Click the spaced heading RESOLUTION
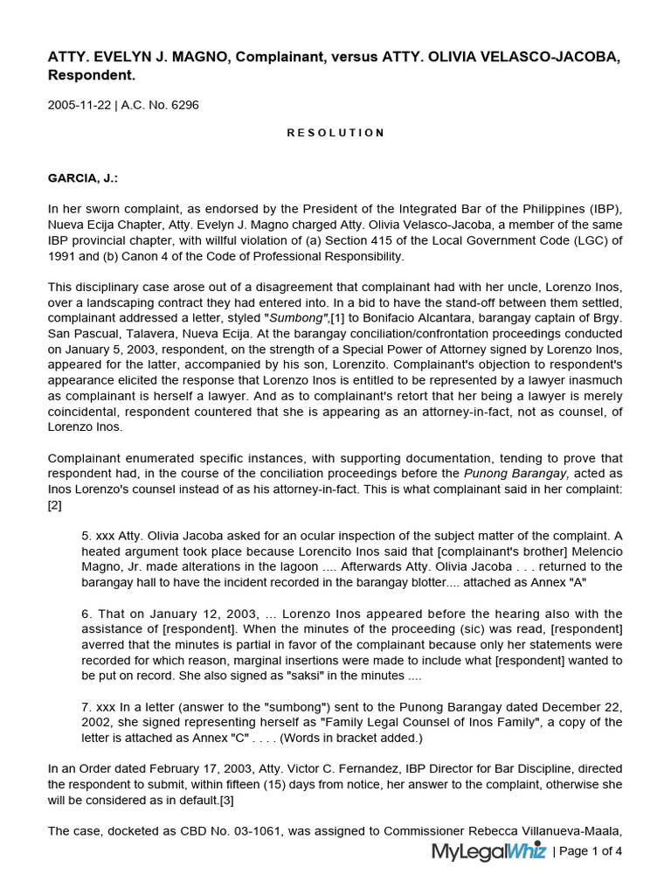coord(335,133)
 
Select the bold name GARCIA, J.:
coord(82,178)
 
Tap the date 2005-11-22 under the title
coord(79,105)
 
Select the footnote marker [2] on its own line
coord(54,505)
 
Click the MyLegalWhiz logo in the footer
coord(488,851)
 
